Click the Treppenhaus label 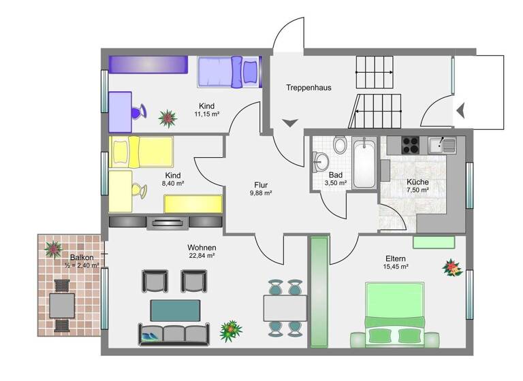point(308,88)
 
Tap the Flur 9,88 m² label point(261,188)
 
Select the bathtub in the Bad point(364,163)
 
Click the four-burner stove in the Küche point(411,145)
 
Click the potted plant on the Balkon point(52,249)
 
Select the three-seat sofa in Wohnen point(174,333)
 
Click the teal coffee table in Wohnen point(175,310)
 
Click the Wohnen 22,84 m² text point(202,251)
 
